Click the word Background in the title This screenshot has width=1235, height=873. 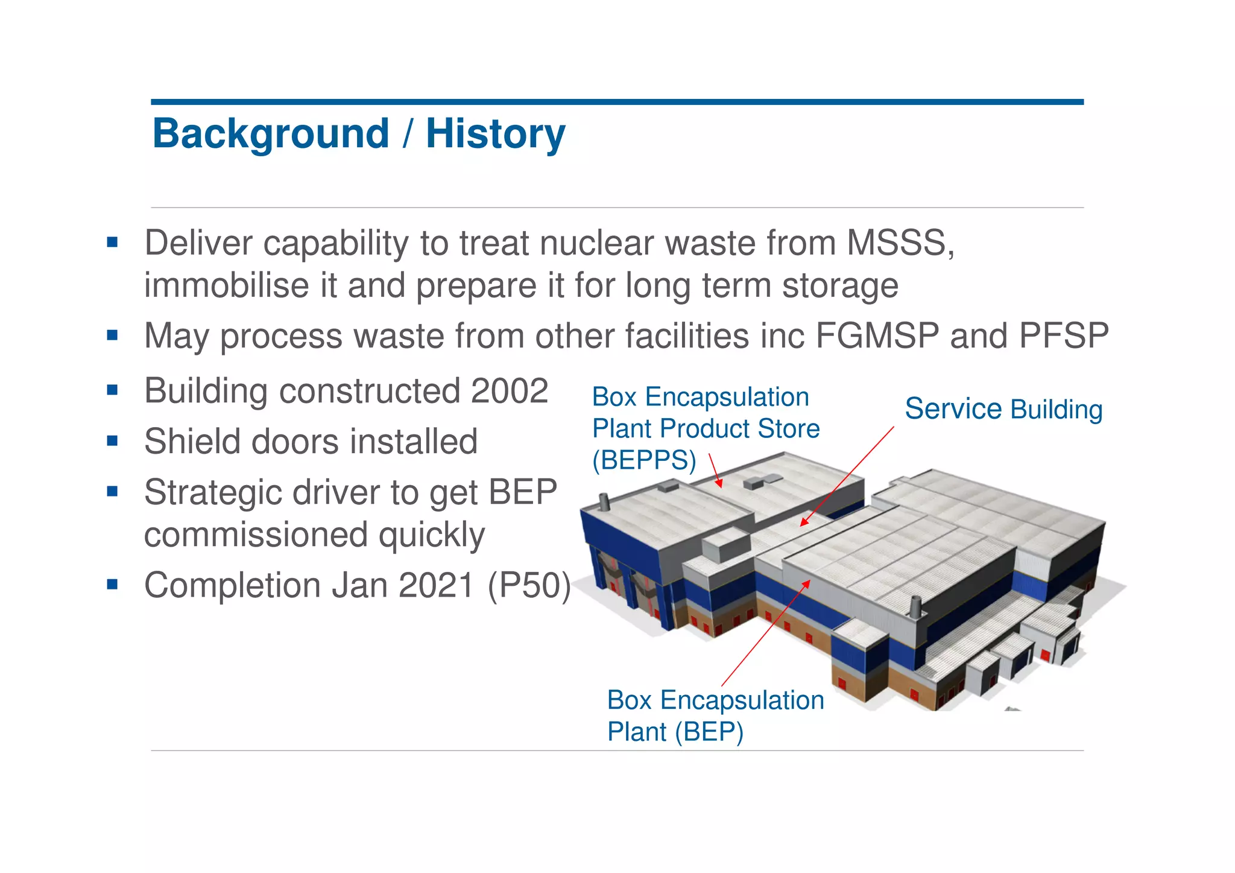point(271,134)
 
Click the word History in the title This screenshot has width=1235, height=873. point(495,134)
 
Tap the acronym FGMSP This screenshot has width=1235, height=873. point(877,336)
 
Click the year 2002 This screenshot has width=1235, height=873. point(509,391)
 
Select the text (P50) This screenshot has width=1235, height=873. point(529,586)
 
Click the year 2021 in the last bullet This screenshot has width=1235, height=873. point(436,586)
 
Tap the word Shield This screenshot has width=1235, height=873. point(192,442)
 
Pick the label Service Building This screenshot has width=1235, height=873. point(1003,410)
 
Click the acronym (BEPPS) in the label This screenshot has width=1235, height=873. point(644,461)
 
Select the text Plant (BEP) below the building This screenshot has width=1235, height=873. point(675,732)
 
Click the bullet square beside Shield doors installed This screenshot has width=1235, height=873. point(112,441)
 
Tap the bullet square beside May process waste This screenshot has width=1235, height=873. point(112,335)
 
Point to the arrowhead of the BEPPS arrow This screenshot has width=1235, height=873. point(719,484)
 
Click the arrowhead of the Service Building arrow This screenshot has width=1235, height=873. point(803,523)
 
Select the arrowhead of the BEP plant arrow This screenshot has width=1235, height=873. point(807,583)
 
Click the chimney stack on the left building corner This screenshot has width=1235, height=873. point(604,502)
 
